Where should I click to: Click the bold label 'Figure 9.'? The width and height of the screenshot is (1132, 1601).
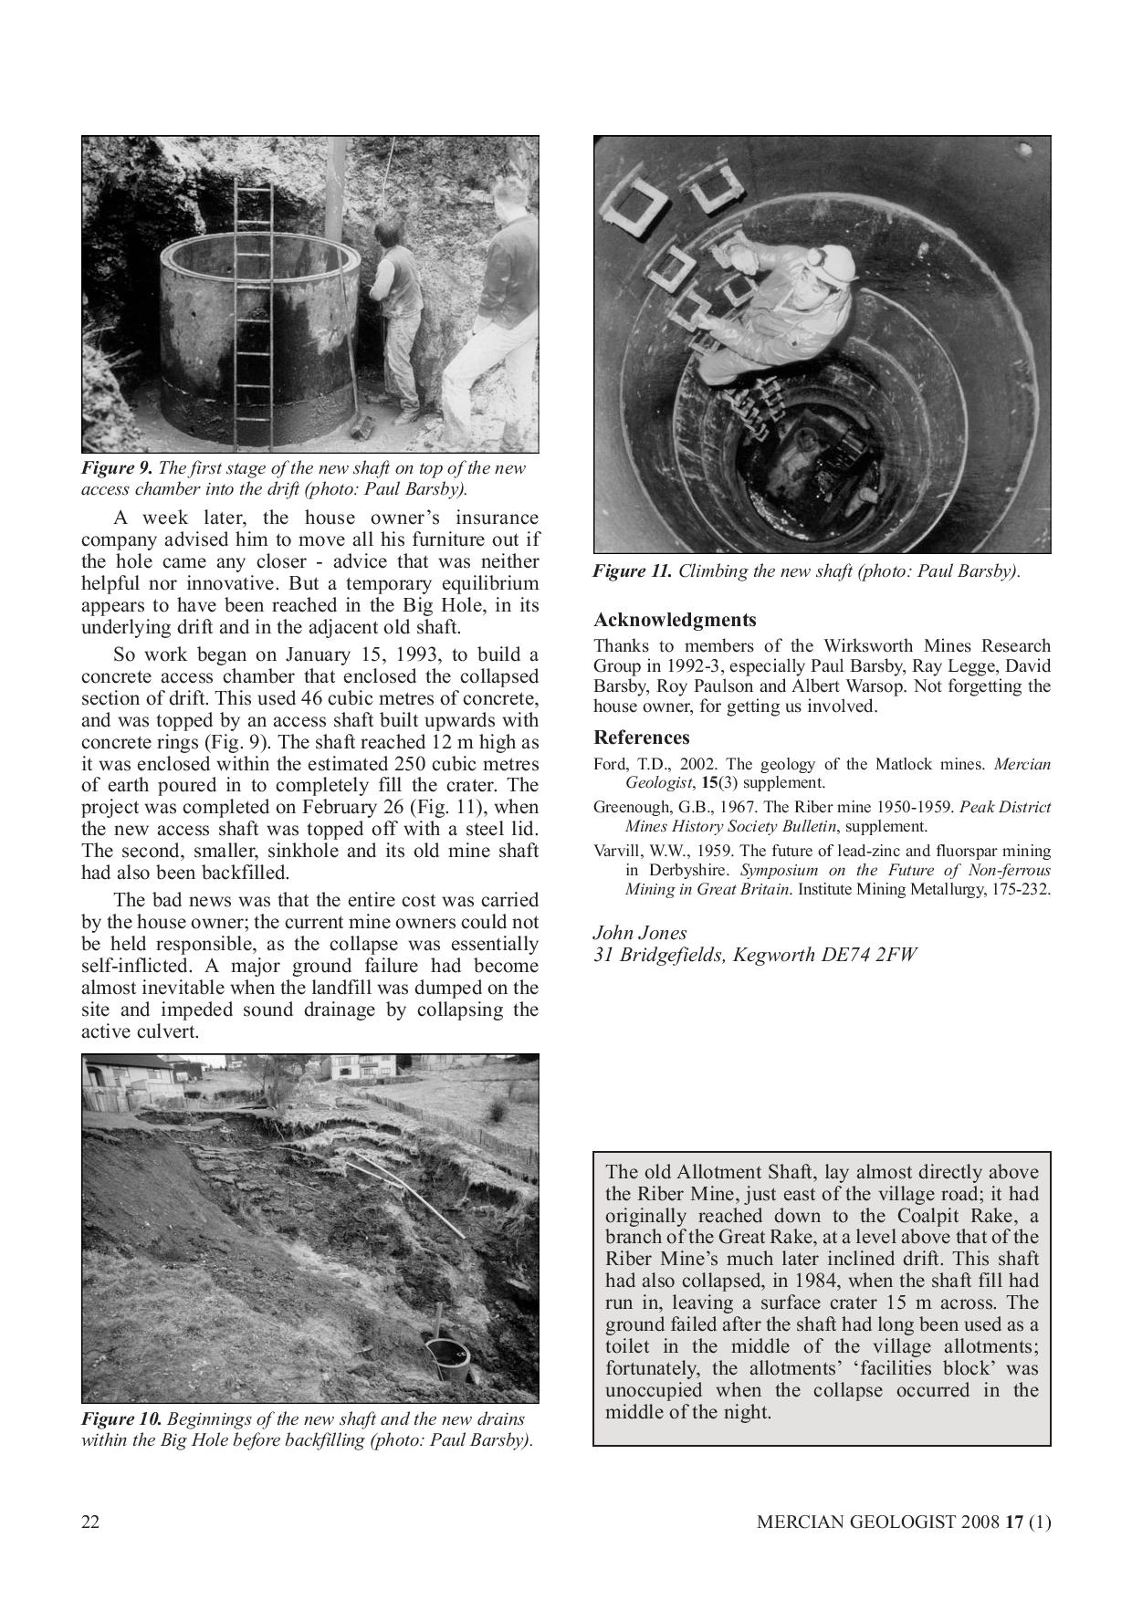coord(116,468)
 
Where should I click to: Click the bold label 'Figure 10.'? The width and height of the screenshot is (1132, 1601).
coord(121,1419)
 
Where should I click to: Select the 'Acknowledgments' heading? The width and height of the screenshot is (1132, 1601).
coord(675,621)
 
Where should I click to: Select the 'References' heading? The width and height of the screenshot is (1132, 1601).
coord(642,738)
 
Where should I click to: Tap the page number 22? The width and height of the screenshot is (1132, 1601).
coord(90,1522)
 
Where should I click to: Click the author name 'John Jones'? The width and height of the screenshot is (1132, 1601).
coord(640,933)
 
